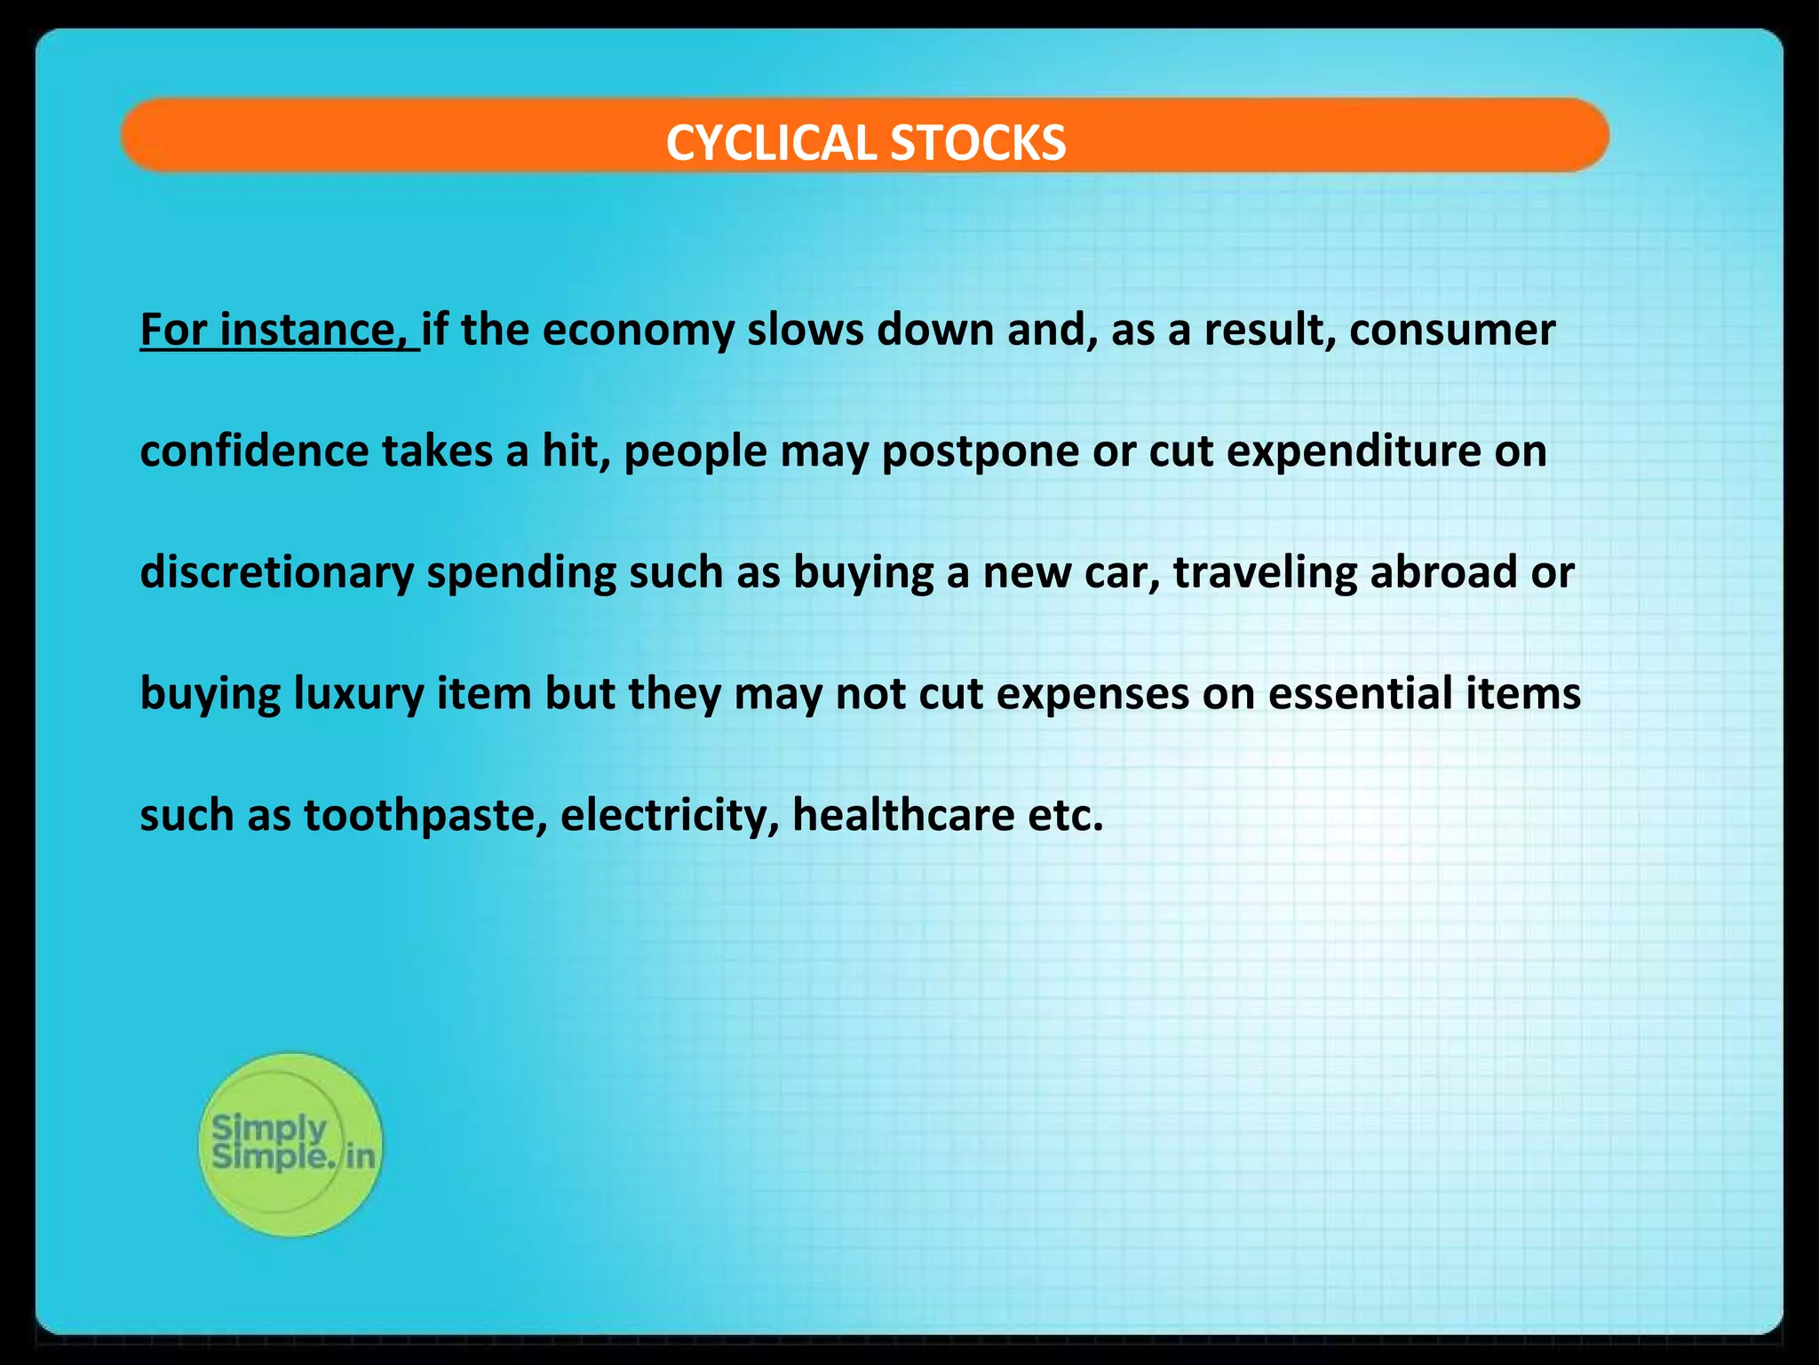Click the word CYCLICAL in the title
[770, 142]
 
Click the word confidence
[254, 451]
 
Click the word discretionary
[276, 573]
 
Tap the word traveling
[1265, 573]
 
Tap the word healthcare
[902, 814]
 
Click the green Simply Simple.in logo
[290, 1144]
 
